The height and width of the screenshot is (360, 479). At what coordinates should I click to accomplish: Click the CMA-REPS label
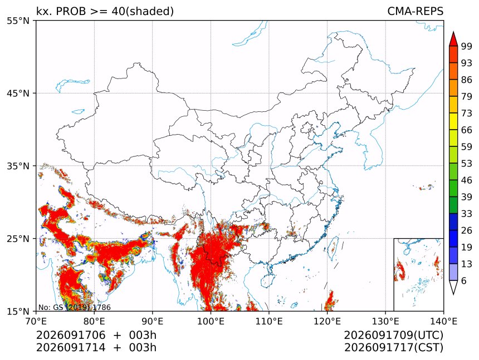[415, 11]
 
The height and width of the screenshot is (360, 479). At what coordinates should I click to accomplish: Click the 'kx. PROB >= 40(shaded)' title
[105, 11]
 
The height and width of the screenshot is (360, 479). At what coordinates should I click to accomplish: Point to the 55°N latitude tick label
[18, 21]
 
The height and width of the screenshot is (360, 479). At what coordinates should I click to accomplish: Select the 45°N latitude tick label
[18, 93]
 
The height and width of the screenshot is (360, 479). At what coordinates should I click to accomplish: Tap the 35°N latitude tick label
[18, 166]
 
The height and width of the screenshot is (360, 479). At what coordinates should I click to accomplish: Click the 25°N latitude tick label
[18, 239]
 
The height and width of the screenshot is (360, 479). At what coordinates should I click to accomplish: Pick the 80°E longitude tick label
[94, 322]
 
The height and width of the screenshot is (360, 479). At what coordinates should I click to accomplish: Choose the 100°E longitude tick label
[211, 322]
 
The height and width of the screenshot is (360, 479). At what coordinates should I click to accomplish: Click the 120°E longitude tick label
[327, 322]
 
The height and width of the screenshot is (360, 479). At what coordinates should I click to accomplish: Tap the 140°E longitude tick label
[443, 322]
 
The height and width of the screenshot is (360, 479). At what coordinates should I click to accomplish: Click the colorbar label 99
[467, 46]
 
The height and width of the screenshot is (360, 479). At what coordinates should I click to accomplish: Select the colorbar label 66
[467, 130]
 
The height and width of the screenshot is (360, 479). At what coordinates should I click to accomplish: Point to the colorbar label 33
[467, 214]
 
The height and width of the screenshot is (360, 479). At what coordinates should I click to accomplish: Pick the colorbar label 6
[464, 280]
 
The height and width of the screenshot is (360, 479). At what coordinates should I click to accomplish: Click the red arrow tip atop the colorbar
[453, 32]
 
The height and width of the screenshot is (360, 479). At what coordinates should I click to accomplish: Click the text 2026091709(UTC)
[393, 336]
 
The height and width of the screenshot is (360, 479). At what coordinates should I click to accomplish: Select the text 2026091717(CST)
[393, 348]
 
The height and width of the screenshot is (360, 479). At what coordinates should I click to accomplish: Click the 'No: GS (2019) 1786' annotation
[74, 307]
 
